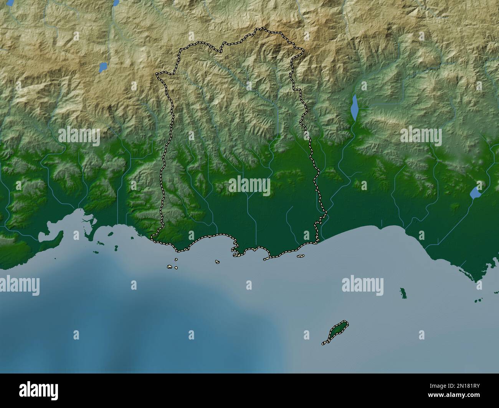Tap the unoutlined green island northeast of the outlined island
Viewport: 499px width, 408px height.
[x=403, y=293]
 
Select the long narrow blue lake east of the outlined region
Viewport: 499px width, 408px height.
[x=355, y=107]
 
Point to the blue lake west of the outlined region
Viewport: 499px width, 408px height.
[x=103, y=67]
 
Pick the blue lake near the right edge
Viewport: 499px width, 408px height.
[x=476, y=192]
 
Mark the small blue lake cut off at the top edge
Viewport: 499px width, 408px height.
[x=116, y=3]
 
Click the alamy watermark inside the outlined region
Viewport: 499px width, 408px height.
[x=249, y=186]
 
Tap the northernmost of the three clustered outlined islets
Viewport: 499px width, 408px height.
[x=176, y=259]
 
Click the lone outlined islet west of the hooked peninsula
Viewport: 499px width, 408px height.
[x=217, y=262]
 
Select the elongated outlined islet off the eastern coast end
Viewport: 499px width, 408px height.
[x=300, y=256]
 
